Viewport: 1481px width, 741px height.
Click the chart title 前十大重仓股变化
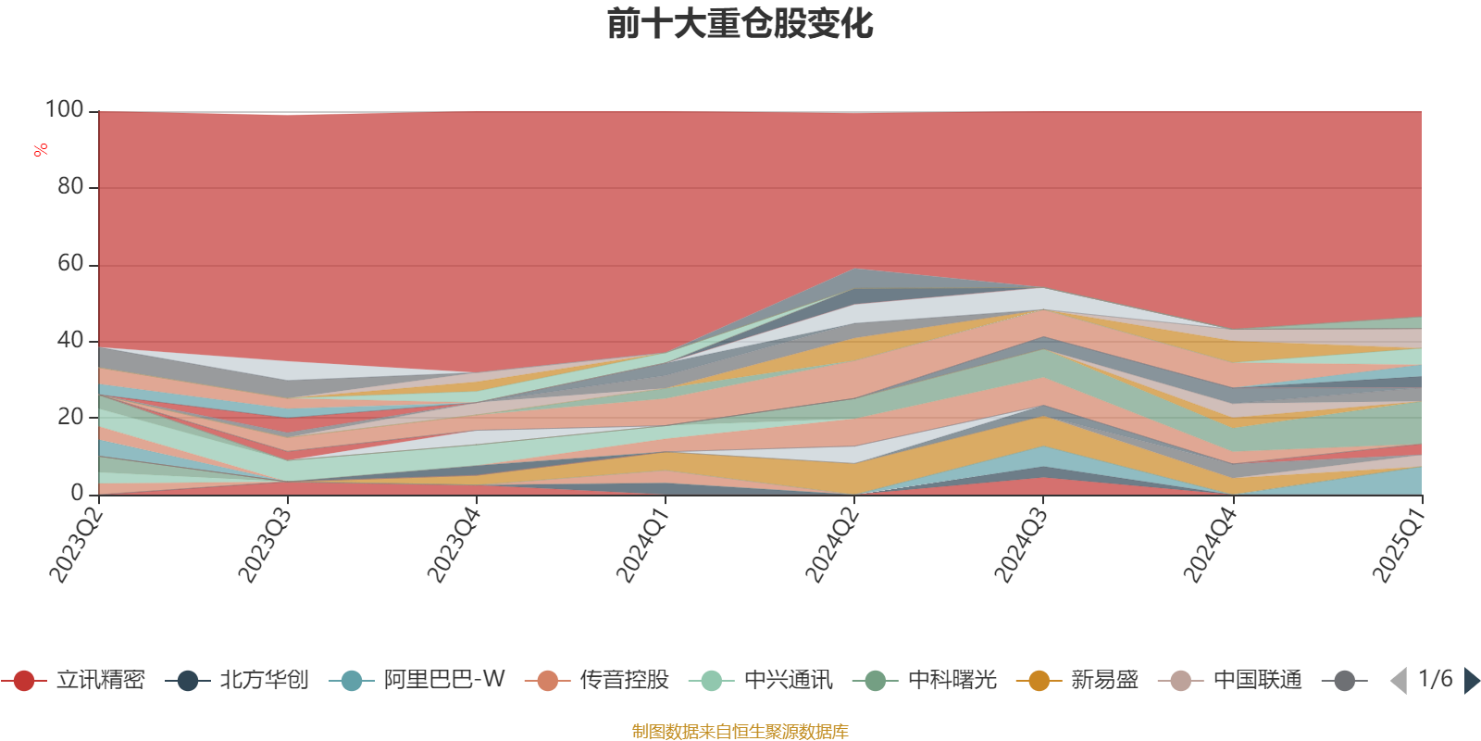[x=740, y=24]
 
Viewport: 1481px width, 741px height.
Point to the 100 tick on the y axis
[x=65, y=110]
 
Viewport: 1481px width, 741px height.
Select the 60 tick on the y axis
[x=70, y=264]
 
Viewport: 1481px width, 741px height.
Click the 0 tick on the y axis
[x=78, y=494]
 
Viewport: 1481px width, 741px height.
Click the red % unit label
[x=41, y=150]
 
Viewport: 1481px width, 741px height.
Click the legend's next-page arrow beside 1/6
[x=1472, y=681]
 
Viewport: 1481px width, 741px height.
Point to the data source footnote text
[x=740, y=732]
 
